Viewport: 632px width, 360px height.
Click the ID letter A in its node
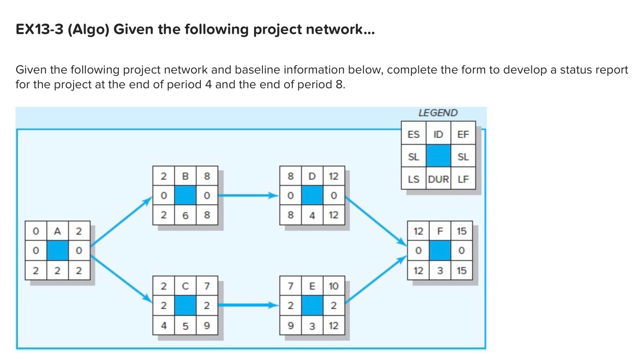57,231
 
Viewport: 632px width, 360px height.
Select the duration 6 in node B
185,215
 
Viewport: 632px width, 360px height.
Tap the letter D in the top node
312,177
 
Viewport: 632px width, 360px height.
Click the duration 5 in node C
185,326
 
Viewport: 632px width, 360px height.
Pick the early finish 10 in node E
333,286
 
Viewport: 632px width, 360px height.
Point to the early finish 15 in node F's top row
461,231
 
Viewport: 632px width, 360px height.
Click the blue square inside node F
440,250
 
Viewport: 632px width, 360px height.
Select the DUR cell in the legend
438,179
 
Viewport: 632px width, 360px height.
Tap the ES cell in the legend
413,134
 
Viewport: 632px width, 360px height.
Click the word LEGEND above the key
438,113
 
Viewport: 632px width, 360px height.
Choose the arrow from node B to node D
248,195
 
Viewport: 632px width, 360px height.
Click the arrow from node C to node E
248,305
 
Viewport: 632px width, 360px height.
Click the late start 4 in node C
163,326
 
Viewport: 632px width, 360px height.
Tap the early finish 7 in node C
207,286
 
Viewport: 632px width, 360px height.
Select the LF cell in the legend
463,179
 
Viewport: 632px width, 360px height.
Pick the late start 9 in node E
290,326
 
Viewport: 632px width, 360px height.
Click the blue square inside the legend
438,156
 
